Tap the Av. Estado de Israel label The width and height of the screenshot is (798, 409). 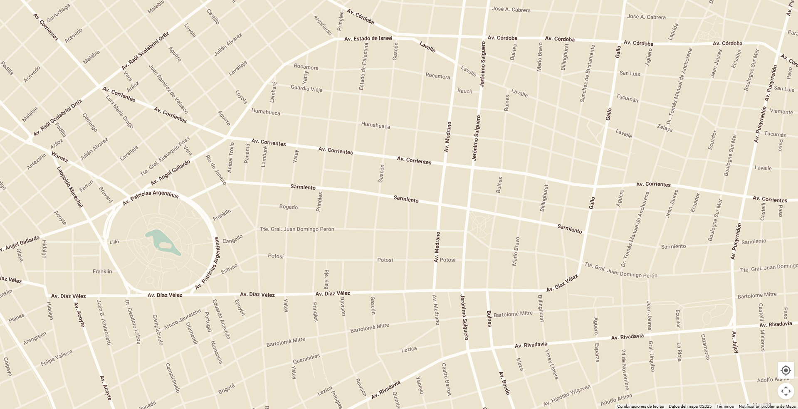click(x=368, y=39)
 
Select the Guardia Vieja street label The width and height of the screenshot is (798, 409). click(x=306, y=88)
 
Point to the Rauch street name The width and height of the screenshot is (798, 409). click(x=464, y=91)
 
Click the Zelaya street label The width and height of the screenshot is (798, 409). click(x=665, y=128)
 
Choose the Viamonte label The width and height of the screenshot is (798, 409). click(x=781, y=111)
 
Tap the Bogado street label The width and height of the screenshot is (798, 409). click(x=288, y=207)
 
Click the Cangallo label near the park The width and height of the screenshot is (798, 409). click(x=232, y=239)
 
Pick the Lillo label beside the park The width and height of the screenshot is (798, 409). click(x=114, y=242)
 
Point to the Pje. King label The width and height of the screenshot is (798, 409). click(x=326, y=279)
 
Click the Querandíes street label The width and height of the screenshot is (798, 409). click(x=306, y=359)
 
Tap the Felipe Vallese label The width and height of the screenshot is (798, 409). click(x=57, y=358)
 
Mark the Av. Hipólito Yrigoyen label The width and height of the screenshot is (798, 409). click(x=566, y=396)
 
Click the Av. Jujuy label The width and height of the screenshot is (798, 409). click(x=735, y=342)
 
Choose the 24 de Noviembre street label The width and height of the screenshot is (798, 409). click(x=625, y=369)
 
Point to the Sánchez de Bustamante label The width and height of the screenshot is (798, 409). click(x=587, y=74)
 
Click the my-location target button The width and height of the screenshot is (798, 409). click(x=786, y=370)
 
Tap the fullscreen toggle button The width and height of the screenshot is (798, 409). click(x=786, y=391)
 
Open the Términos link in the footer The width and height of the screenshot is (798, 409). click(x=725, y=407)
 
